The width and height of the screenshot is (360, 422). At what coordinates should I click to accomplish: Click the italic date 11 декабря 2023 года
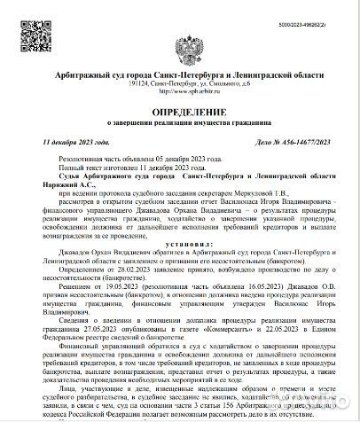[x=76, y=142]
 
